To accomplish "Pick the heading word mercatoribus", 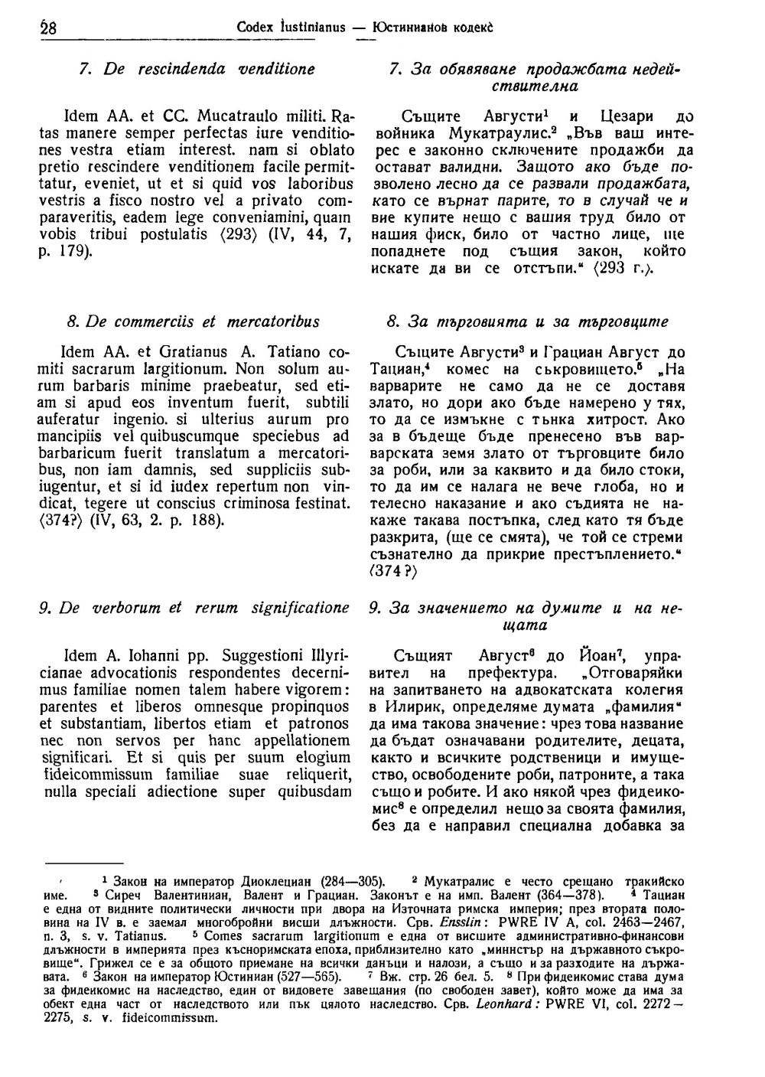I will [x=276, y=321].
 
